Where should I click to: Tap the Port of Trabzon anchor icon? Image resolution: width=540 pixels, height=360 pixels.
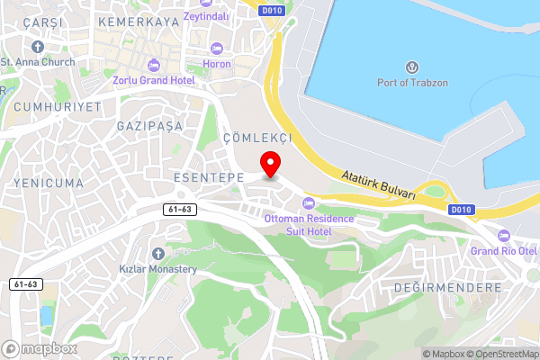pyautogui.click(x=413, y=67)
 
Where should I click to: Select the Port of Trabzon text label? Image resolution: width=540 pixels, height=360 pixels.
pyautogui.click(x=413, y=83)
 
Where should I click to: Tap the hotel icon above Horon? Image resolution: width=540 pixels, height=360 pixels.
pyautogui.click(x=216, y=48)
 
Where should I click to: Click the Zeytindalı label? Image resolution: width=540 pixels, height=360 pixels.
pyautogui.click(x=204, y=15)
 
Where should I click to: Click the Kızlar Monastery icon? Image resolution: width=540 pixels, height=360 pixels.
pyautogui.click(x=158, y=253)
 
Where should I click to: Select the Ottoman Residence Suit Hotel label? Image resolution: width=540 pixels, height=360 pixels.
pyautogui.click(x=298, y=225)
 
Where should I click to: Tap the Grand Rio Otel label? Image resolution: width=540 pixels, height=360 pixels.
pyautogui.click(x=504, y=250)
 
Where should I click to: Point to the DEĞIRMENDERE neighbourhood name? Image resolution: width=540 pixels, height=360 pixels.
pyautogui.click(x=447, y=287)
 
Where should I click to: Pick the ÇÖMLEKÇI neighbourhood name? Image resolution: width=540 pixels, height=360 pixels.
pyautogui.click(x=257, y=138)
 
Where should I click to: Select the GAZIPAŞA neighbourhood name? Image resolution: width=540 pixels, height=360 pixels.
pyautogui.click(x=149, y=126)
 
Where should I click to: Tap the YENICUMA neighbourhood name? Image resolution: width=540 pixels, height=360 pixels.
pyautogui.click(x=49, y=183)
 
